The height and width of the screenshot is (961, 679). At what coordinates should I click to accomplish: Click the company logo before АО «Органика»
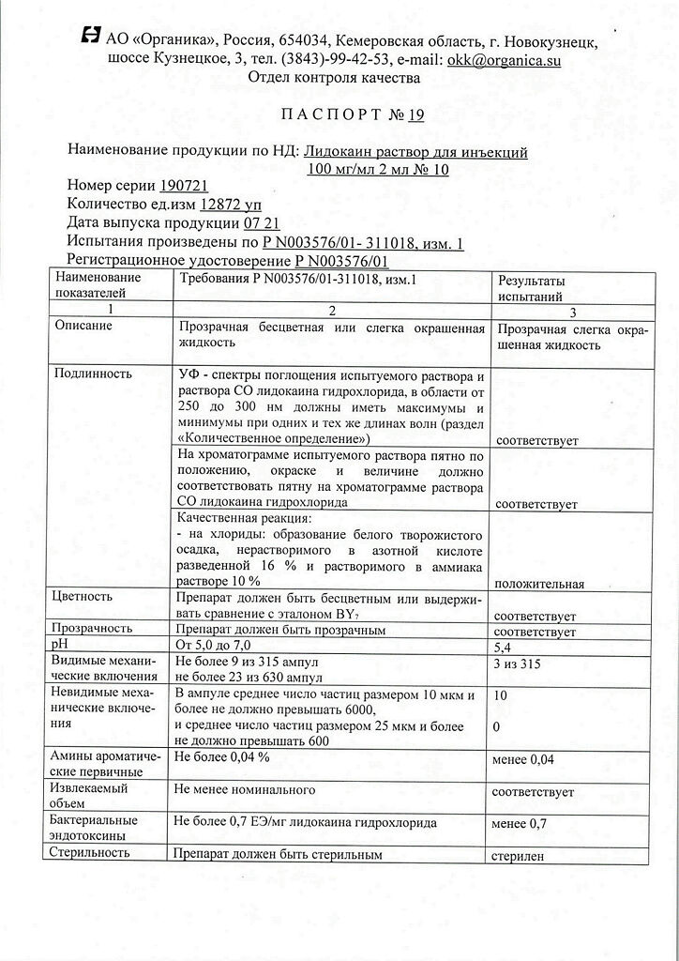(91, 37)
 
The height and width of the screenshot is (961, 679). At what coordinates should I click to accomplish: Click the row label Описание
(84, 326)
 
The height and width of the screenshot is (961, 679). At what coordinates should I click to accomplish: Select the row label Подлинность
(93, 374)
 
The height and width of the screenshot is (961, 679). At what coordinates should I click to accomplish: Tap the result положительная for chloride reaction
(539, 584)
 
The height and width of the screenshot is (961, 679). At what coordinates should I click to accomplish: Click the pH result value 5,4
(505, 648)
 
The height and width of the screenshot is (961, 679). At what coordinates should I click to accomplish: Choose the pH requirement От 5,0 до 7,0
(216, 648)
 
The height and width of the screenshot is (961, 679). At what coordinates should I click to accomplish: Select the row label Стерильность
(91, 853)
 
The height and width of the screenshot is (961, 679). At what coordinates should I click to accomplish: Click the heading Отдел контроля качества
(334, 79)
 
